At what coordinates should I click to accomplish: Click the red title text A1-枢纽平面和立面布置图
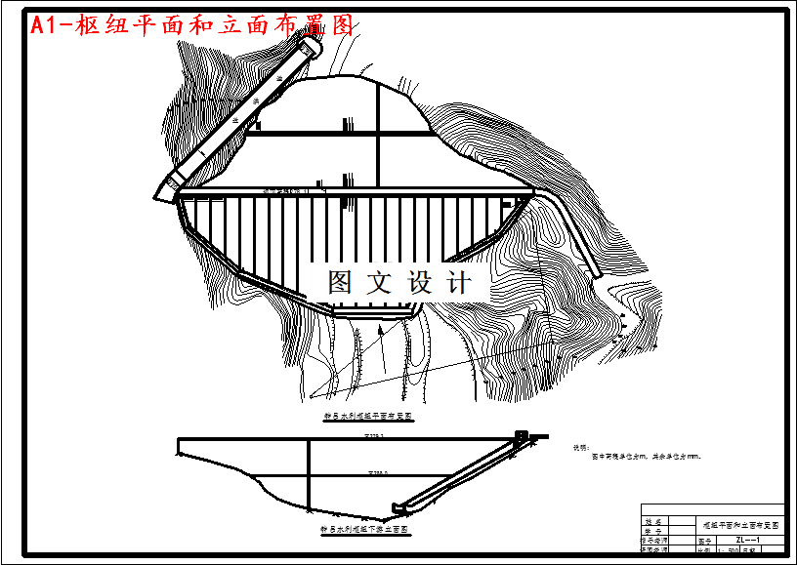click(191, 26)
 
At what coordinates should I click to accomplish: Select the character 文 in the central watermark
click(378, 283)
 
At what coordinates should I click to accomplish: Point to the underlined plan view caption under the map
click(367, 415)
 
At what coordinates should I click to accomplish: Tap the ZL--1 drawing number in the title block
click(748, 538)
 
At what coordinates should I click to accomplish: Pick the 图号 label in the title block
click(705, 538)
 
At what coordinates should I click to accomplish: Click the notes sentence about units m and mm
click(641, 456)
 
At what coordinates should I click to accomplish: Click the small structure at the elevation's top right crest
click(521, 435)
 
